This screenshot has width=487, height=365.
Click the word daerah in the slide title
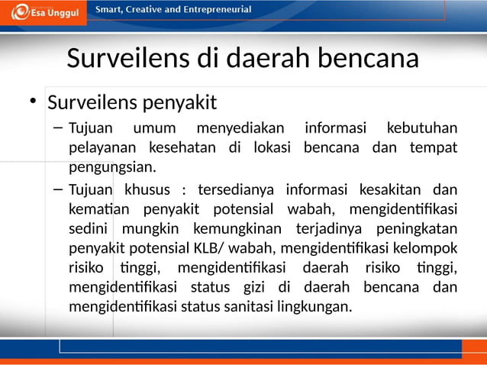click(x=273, y=59)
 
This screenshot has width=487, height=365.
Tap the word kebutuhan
click(x=421, y=127)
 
